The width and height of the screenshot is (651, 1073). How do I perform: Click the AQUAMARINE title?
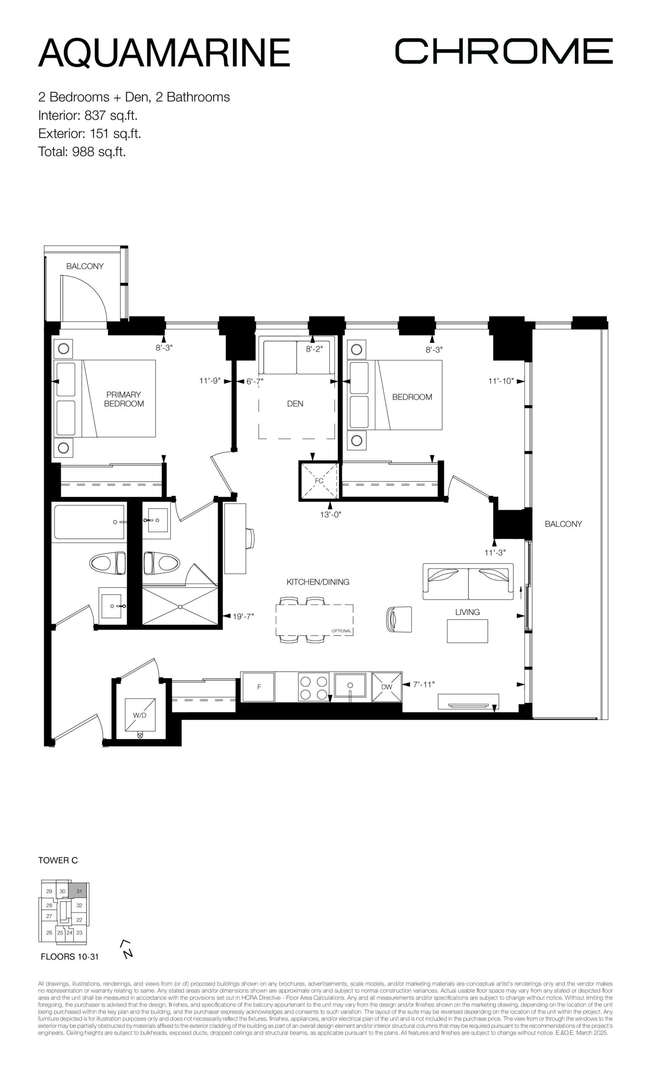tap(164, 53)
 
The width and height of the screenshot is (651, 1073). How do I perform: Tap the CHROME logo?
tap(504, 51)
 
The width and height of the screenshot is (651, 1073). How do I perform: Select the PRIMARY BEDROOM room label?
tap(124, 399)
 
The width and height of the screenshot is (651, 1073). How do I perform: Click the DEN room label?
tap(295, 404)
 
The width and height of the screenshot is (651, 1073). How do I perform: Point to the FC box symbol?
tap(319, 480)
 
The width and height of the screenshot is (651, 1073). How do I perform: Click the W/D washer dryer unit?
tap(139, 715)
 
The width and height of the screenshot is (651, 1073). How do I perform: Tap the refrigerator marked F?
tap(258, 687)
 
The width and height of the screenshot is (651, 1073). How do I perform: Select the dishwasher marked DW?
tap(386, 687)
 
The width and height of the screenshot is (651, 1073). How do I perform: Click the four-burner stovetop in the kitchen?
tap(313, 687)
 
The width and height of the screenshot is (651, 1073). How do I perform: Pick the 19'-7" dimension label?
tap(243, 616)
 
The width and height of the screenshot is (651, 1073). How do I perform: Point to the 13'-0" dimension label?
tap(331, 514)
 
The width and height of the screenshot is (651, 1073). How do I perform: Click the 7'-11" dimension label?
tap(424, 684)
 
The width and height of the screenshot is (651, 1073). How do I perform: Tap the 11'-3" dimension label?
tap(495, 552)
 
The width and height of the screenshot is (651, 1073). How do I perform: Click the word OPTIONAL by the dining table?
tap(341, 631)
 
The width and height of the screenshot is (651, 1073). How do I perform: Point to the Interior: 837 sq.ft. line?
tap(88, 115)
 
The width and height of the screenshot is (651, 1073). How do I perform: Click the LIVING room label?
tap(468, 612)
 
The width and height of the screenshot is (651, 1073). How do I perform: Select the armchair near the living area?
tap(399, 619)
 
